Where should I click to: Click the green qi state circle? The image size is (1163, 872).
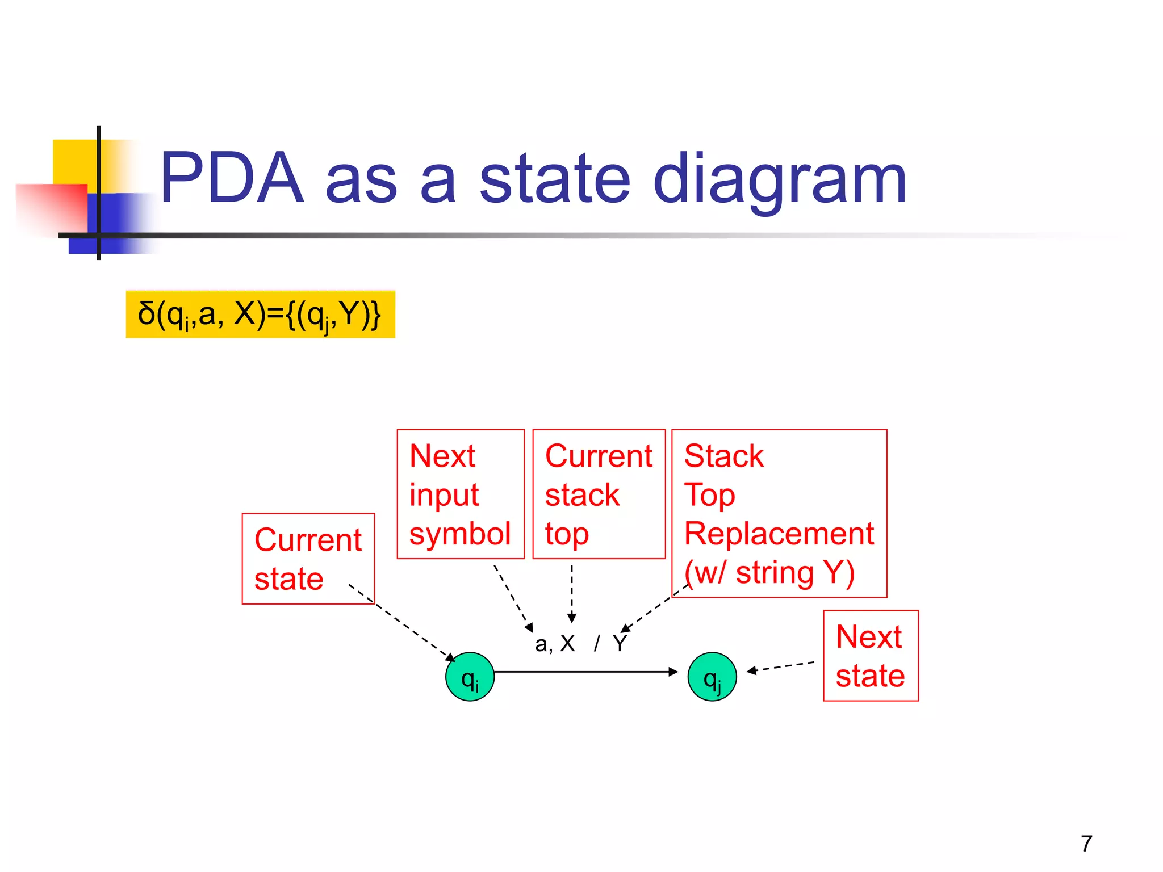(x=470, y=677)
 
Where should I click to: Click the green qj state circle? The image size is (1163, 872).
(x=712, y=677)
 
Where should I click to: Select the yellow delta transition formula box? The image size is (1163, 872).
(x=260, y=315)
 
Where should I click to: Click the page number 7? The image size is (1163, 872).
(x=1086, y=844)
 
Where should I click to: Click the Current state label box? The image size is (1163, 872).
(x=308, y=559)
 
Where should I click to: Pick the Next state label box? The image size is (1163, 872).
(x=870, y=656)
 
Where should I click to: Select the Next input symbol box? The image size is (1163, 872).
(x=460, y=494)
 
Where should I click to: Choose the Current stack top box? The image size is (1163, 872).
(x=599, y=494)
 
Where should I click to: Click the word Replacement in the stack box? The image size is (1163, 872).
(x=779, y=534)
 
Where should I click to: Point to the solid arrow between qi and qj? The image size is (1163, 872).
(x=585, y=672)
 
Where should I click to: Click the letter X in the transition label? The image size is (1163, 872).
(x=567, y=644)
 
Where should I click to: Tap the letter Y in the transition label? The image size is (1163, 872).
(x=620, y=644)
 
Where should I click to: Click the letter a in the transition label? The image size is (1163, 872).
(x=541, y=644)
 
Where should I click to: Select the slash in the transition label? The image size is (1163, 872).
(x=596, y=644)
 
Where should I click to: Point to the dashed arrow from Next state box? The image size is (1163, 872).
(x=781, y=667)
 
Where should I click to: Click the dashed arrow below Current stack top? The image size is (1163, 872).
(x=572, y=593)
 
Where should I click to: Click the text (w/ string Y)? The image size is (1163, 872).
(x=769, y=572)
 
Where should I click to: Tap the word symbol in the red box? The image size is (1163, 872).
(x=460, y=534)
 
